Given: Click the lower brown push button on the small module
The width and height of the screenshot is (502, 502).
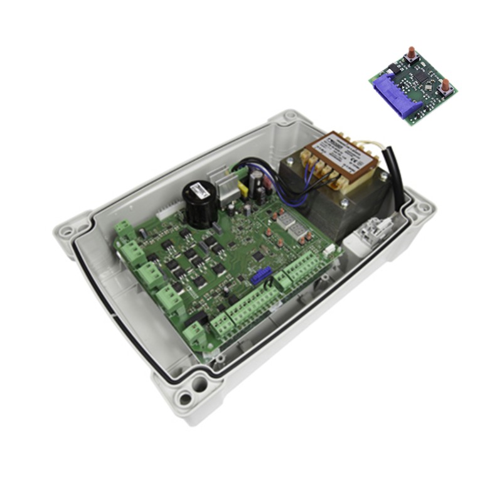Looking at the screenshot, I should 445,85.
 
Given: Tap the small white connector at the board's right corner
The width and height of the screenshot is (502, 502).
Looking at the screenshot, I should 330,250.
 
